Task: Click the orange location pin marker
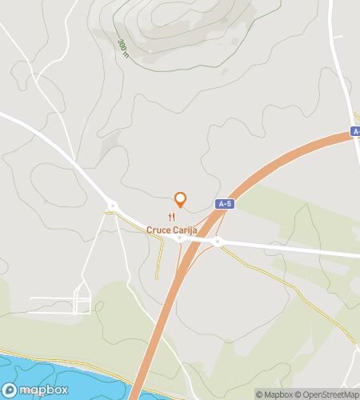[x=180, y=199]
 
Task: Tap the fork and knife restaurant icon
[x=171, y=218]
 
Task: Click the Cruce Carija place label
[x=171, y=230]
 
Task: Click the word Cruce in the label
[x=158, y=230]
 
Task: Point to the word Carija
[x=185, y=230]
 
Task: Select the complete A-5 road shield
[x=225, y=204]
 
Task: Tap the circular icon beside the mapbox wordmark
[x=10, y=390]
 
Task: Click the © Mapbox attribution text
[x=274, y=394]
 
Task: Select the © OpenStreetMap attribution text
[x=327, y=394]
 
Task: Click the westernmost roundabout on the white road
[x=112, y=206]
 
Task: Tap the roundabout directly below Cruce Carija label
[x=181, y=238]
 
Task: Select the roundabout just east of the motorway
[x=217, y=241]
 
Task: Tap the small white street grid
[x=80, y=300]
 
